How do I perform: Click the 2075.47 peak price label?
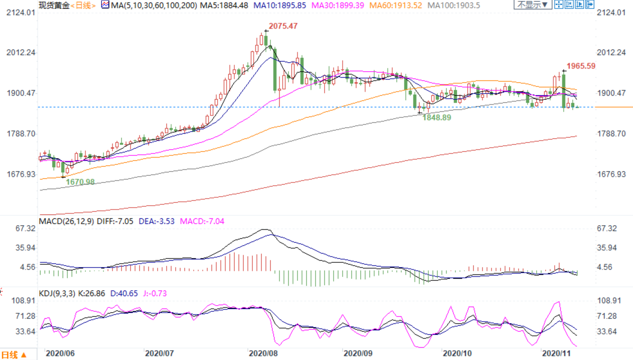pos(283,26)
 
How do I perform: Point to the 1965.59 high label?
pos(581,66)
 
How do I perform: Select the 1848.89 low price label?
pos(436,117)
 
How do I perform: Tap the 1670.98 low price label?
pos(80,182)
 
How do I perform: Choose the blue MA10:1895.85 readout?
pos(279,6)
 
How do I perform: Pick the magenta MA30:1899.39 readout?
pos(337,6)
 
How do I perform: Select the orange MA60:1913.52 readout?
pos(395,6)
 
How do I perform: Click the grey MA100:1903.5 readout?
pos(453,6)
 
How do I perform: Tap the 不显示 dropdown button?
pos(532,5)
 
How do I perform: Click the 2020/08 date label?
pos(263,353)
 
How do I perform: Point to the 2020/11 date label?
pos(556,353)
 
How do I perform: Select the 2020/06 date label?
pos(60,353)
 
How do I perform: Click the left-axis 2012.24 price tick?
pos(21,52)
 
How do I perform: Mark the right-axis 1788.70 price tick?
pos(611,134)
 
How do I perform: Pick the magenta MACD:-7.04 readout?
pos(202,221)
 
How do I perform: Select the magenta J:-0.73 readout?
pos(155,293)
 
